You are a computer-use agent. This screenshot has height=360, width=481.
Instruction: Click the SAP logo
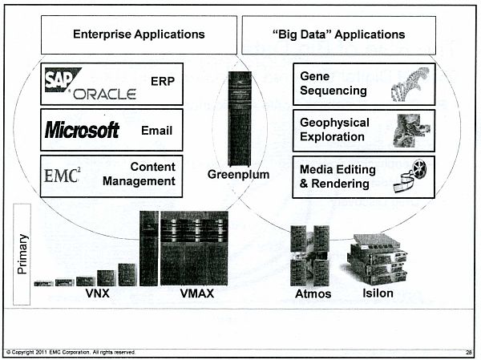(62, 79)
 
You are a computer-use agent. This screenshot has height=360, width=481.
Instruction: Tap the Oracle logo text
(104, 95)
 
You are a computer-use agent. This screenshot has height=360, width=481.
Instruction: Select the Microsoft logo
(82, 130)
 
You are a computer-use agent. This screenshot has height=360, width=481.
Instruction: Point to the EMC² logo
(63, 176)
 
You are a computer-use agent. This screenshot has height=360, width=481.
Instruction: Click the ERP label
(163, 81)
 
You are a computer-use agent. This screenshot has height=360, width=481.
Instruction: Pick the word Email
(157, 131)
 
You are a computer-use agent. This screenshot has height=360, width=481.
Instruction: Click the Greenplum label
(238, 175)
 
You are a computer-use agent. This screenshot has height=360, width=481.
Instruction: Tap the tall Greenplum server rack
(240, 119)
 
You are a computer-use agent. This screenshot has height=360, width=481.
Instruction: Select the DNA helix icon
(410, 84)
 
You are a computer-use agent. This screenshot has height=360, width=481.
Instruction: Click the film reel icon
(410, 176)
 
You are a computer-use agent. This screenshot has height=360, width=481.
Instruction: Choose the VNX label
(98, 293)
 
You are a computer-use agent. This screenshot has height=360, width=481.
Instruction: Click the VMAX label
(197, 293)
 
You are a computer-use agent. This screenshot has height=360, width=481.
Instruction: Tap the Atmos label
(313, 294)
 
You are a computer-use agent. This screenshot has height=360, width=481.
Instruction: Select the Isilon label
(378, 293)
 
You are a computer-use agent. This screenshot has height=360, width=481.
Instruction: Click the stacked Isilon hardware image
(378, 259)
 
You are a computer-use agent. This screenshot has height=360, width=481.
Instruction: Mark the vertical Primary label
(22, 254)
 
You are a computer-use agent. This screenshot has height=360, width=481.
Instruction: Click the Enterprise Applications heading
(139, 34)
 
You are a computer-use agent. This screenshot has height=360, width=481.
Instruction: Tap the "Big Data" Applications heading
(339, 34)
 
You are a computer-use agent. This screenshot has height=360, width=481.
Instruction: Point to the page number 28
(468, 352)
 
